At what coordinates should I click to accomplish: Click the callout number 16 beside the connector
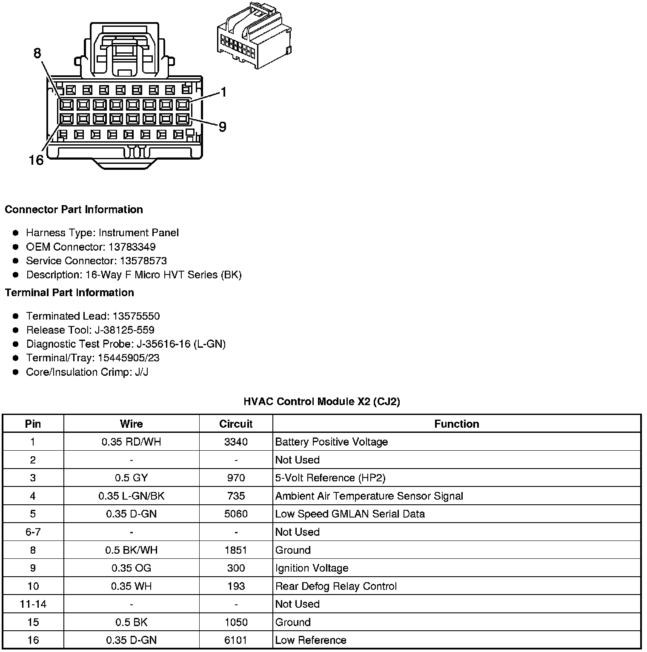pos(36,160)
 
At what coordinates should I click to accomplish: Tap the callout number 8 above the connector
pos(37,53)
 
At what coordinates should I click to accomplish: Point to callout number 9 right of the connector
pos(222,127)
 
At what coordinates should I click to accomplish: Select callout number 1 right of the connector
pos(223,92)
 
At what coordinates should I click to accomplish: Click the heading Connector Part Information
pos(74,209)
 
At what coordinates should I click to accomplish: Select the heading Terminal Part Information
pos(69,292)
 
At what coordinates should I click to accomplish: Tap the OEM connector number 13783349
pos(132,247)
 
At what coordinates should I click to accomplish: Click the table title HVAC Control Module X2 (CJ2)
pos(322,401)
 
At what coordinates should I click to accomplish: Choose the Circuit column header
pos(236,424)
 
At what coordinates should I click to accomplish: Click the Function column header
pos(456,424)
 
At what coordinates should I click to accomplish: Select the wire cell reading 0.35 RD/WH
pos(131,442)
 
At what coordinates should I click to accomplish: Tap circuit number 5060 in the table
pos(236,514)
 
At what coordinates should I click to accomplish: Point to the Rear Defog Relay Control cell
pos(336,586)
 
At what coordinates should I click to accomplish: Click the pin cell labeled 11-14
pos(33,604)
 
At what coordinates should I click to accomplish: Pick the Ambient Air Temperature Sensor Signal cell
pos(369,496)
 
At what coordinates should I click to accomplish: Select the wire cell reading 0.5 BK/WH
pos(131,550)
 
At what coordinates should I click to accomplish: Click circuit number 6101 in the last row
pos(236,640)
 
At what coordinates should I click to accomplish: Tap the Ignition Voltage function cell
pos(312,568)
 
